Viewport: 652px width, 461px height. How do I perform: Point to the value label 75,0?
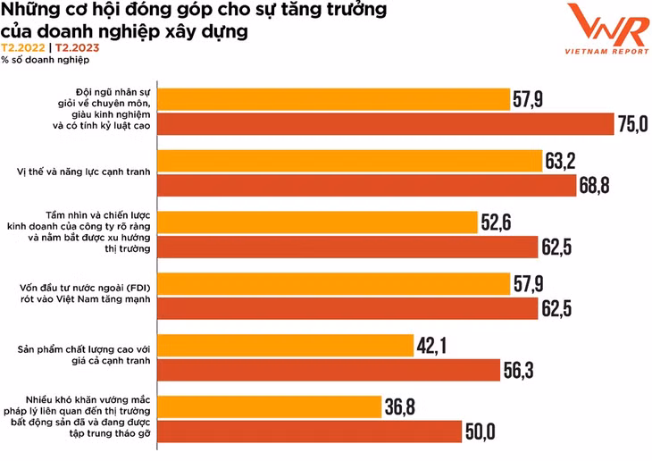[631, 125]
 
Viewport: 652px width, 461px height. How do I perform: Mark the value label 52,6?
[496, 222]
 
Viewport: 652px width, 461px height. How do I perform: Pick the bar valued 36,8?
[269, 407]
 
